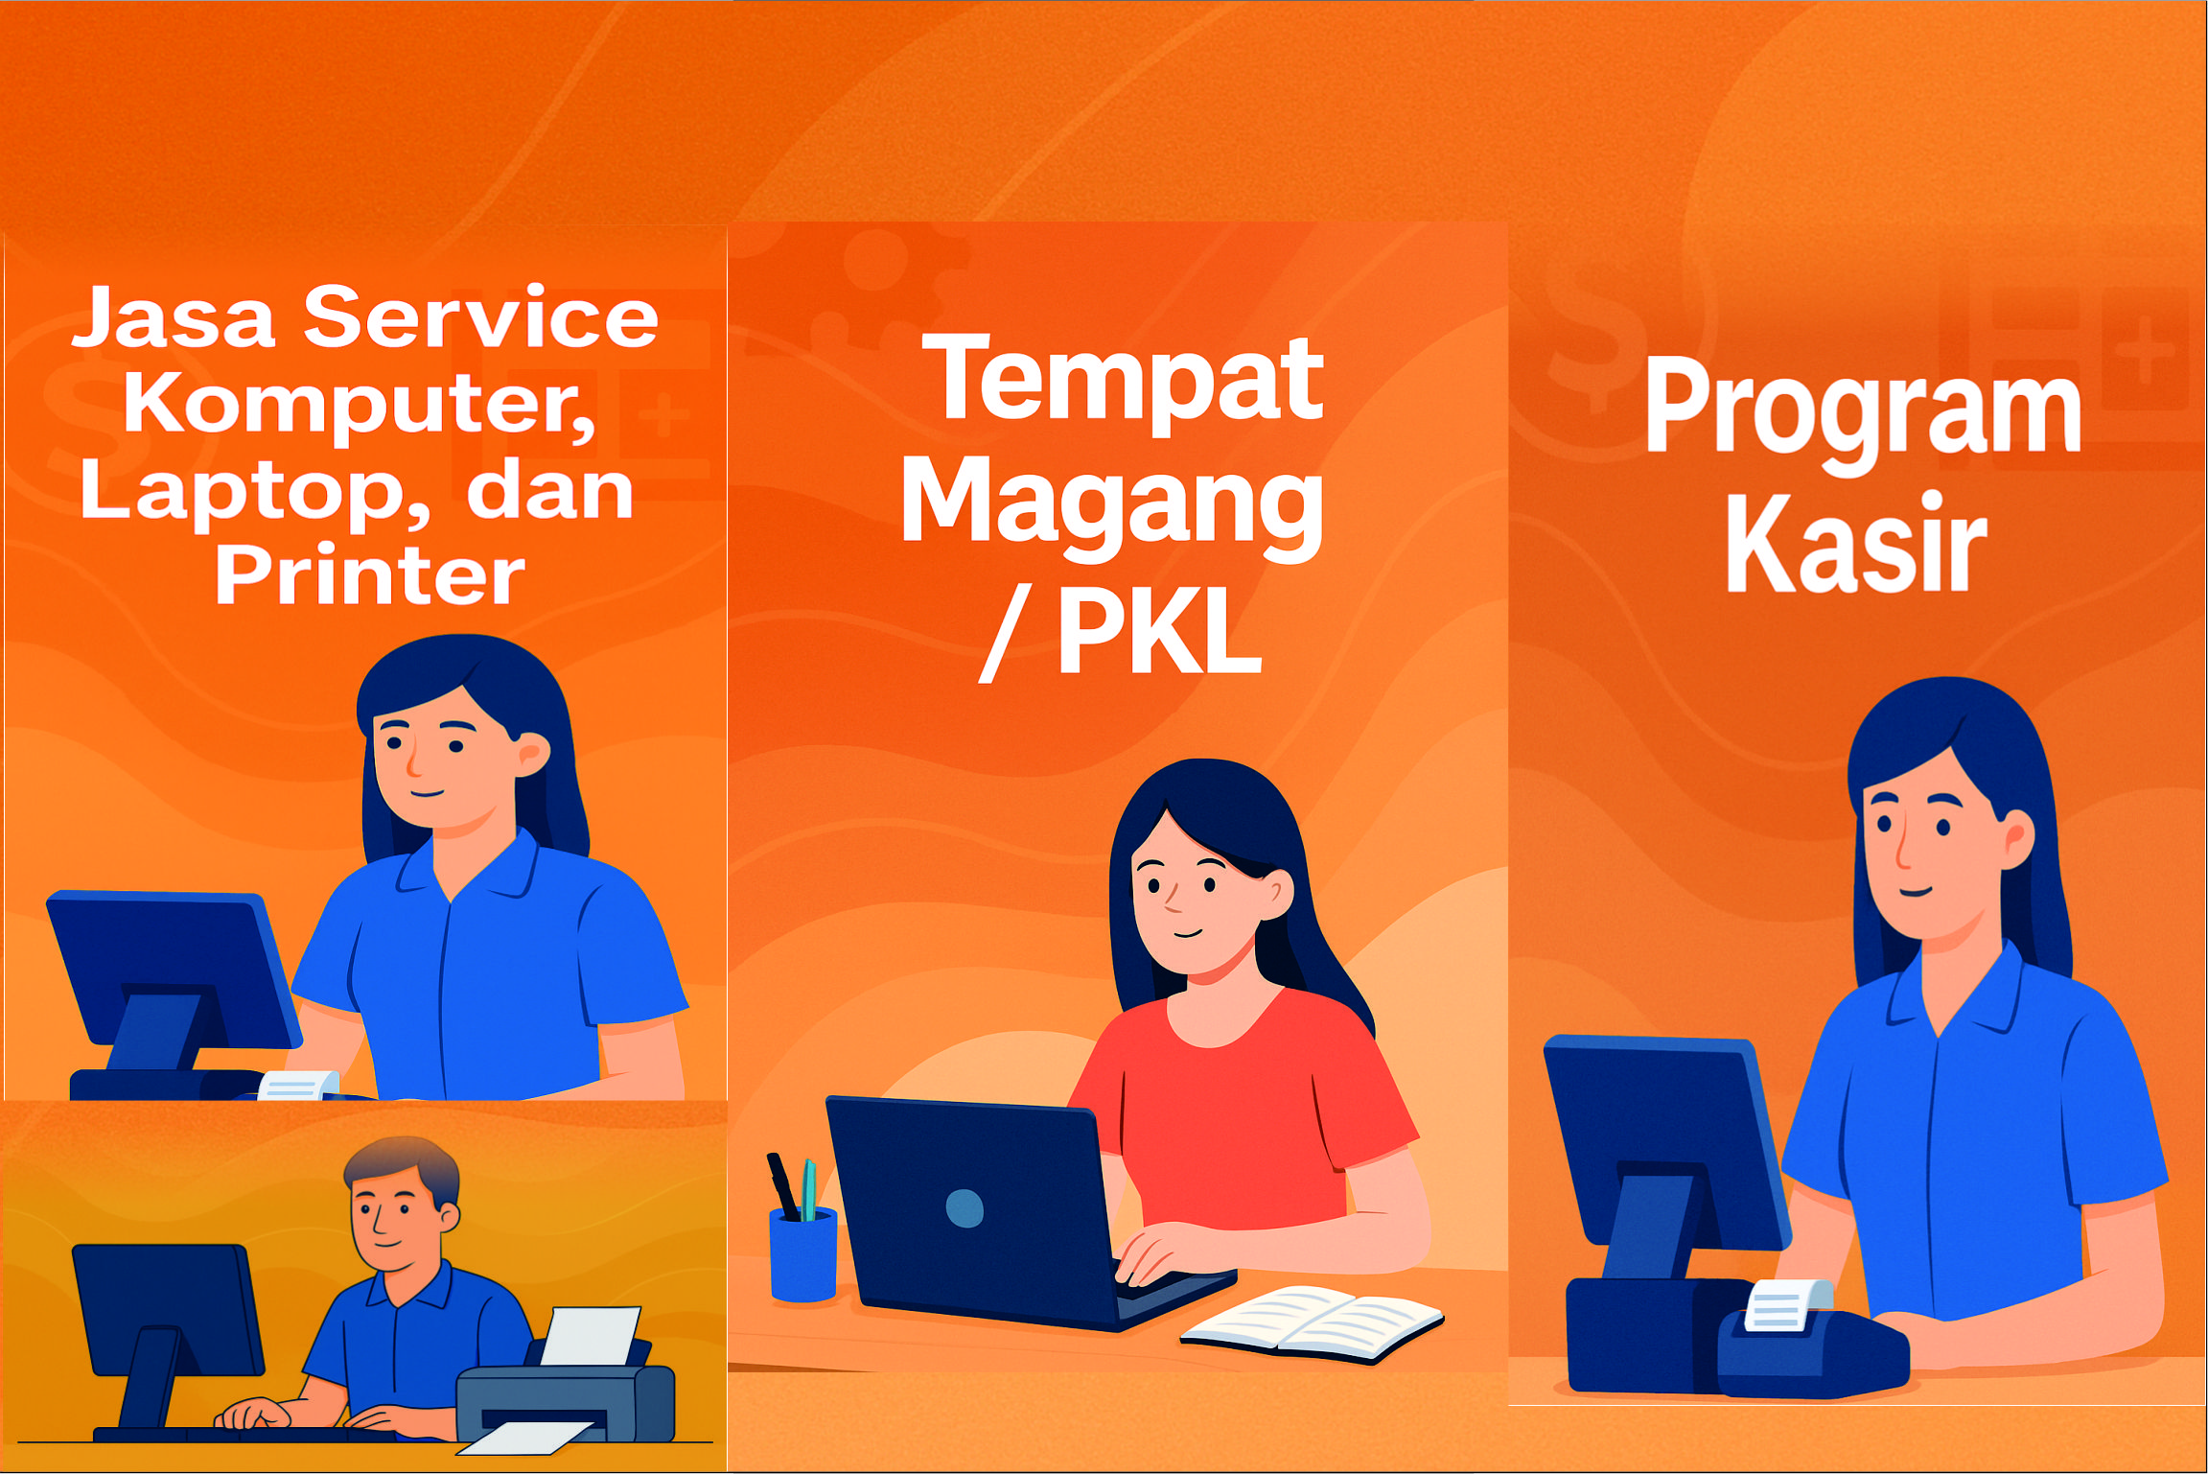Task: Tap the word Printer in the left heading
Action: click(370, 574)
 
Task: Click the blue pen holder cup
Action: click(803, 1253)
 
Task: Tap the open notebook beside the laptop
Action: click(1312, 1322)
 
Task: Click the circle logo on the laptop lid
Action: click(965, 1208)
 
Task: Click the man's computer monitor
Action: click(168, 1310)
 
